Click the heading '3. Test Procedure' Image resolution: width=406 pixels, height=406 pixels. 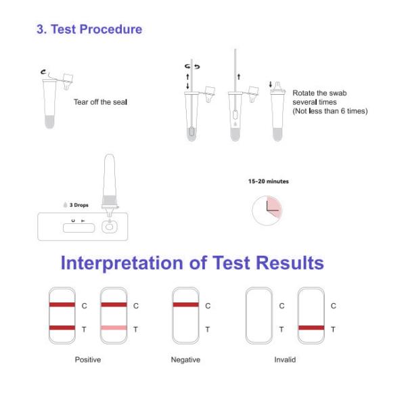pyautogui.click(x=89, y=30)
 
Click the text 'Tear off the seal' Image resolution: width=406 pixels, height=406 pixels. pyautogui.click(x=100, y=102)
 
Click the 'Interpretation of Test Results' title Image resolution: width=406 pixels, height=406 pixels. pyautogui.click(x=192, y=263)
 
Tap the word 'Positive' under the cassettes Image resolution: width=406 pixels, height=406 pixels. pyautogui.click(x=87, y=360)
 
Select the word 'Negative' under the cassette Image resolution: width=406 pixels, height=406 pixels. pyautogui.click(x=185, y=360)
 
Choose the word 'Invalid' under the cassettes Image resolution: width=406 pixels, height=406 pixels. pyautogui.click(x=285, y=360)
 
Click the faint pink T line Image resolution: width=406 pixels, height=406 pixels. pyautogui.click(x=114, y=328)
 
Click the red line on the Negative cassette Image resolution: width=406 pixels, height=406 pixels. pyautogui.click(x=185, y=305)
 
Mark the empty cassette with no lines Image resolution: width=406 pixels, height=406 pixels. pyautogui.click(x=258, y=316)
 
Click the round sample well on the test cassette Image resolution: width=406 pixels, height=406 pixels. pyautogui.click(x=108, y=227)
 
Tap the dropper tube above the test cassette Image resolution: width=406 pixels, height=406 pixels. pyautogui.click(x=108, y=179)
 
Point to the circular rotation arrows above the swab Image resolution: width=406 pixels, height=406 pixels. pyautogui.click(x=191, y=67)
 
